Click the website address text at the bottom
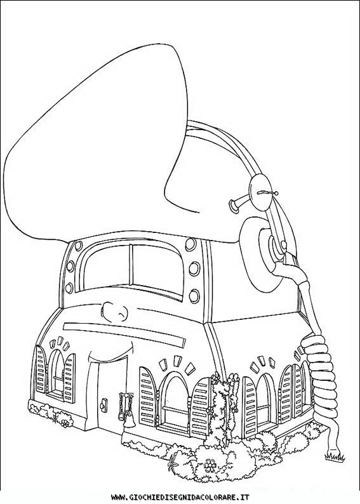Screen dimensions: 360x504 click(180, 497)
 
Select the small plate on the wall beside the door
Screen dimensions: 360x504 click(103, 404)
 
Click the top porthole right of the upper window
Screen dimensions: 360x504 click(190, 245)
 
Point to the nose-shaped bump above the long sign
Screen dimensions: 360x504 click(113, 310)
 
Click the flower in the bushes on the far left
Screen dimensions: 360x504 click(65, 423)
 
